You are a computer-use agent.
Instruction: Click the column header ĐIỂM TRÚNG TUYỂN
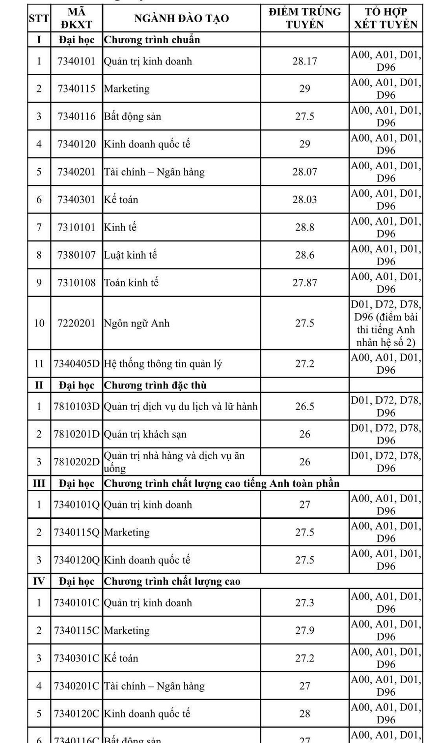coord(304,18)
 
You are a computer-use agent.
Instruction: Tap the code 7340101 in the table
coord(77,61)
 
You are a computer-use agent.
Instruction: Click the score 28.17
coord(304,61)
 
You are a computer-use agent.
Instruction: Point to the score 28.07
coord(304,172)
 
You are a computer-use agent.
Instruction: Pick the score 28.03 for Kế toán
coord(304,200)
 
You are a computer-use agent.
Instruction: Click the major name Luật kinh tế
coord(130,255)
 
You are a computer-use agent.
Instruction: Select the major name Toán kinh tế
coord(131,283)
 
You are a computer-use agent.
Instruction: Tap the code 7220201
coord(77,324)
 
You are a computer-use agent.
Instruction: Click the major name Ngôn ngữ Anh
coord(137,324)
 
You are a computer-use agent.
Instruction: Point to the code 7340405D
coord(77,364)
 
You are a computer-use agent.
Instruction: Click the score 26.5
coord(304,407)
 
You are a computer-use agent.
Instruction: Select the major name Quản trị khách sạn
coord(145,434)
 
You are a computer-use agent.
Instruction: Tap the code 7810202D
coord(77,462)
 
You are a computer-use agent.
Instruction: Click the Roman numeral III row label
coord(39,483)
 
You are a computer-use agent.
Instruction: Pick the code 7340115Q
coord(77,533)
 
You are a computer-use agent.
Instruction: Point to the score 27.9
coord(304,630)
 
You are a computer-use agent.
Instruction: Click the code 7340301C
coord(77,658)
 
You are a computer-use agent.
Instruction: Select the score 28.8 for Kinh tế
coord(304,227)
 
